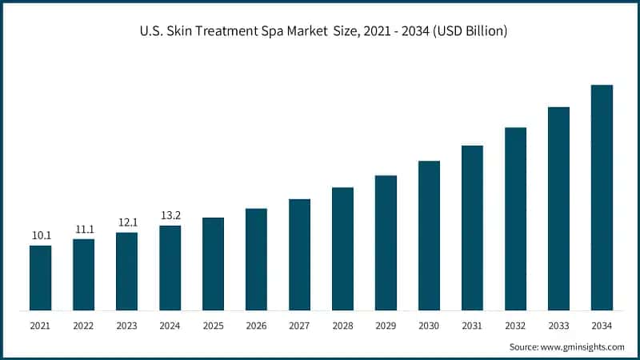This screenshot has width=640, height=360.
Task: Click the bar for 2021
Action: [41, 278]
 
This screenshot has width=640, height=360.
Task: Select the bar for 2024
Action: [170, 268]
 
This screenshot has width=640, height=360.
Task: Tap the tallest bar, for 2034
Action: [602, 198]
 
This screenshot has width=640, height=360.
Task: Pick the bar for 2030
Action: [429, 235]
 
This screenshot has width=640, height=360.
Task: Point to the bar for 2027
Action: [299, 254]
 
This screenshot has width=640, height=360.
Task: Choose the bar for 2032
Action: [515, 218]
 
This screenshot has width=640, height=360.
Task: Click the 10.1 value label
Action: [41, 235]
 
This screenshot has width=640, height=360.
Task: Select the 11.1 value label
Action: [84, 229]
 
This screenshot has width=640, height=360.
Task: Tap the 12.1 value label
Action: [127, 222]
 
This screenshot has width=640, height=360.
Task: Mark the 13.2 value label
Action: [170, 215]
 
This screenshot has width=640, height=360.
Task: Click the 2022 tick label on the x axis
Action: [84, 326]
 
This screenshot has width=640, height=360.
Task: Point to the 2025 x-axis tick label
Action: [214, 326]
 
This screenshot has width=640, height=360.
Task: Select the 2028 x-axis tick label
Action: [342, 326]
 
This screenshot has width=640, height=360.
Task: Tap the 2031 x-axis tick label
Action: [472, 326]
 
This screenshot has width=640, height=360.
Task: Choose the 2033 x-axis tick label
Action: [558, 326]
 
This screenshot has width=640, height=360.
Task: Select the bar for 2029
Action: [386, 242]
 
